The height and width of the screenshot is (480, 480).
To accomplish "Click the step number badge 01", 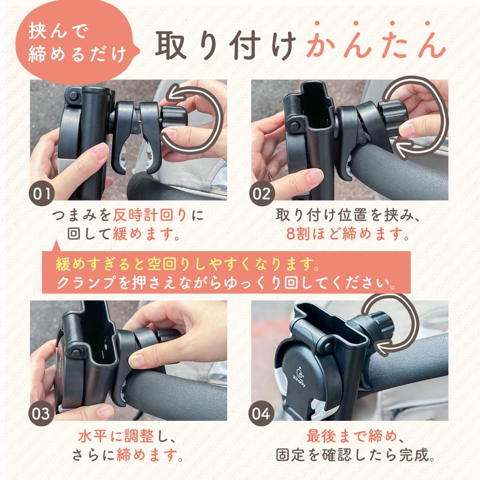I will click(x=42, y=193).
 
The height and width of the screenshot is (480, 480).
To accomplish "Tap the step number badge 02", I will click(x=262, y=193).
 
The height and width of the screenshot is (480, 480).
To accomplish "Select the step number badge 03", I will click(x=42, y=413).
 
